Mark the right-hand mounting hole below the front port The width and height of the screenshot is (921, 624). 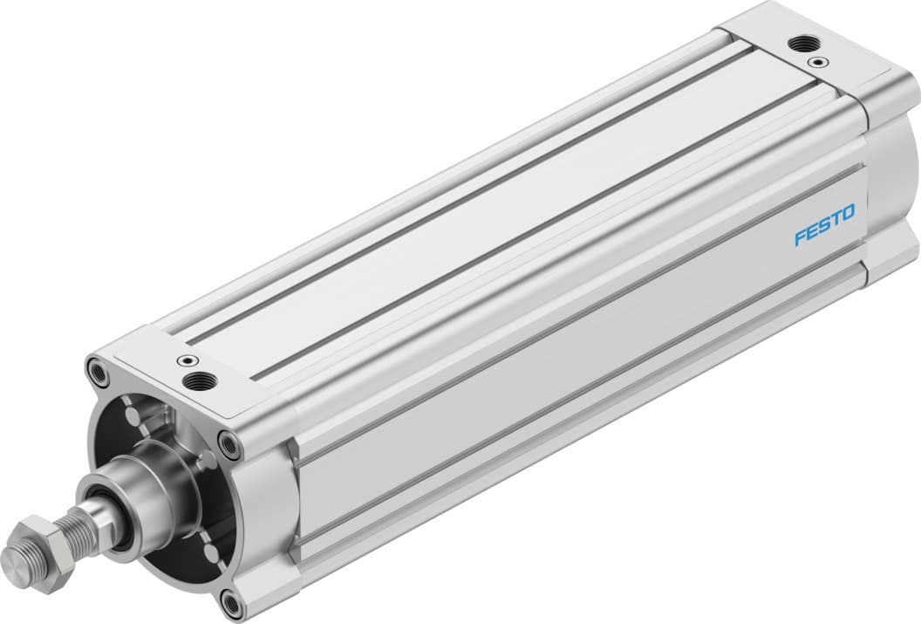(x=229, y=445)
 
